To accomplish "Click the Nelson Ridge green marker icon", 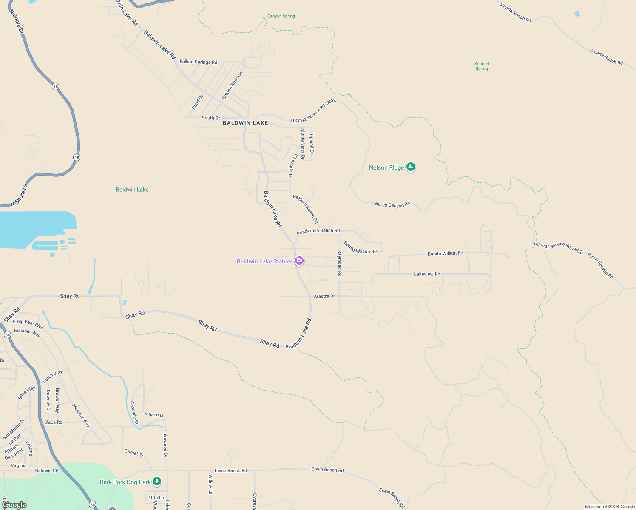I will (x=410, y=167).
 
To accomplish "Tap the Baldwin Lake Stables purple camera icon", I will (x=299, y=261).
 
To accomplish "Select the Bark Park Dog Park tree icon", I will (x=157, y=481).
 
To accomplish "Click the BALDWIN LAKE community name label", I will (x=245, y=123).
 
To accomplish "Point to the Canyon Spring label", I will (x=281, y=16).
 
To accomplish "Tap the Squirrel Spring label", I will (x=482, y=66).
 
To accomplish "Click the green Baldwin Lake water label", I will (x=132, y=190).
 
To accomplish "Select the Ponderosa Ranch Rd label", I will (x=318, y=231).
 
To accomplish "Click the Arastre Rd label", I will (x=324, y=296).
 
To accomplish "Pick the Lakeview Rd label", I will (x=427, y=274).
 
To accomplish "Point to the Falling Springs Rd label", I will (x=198, y=62).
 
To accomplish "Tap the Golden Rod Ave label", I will (x=233, y=85).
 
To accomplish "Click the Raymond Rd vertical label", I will (x=339, y=263).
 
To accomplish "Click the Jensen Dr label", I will (x=154, y=414).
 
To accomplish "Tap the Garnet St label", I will (x=134, y=453).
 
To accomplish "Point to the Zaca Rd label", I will (x=54, y=422).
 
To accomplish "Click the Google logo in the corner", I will (x=14, y=505).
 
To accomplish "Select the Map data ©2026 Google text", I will (x=610, y=507).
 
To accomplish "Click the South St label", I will (x=211, y=118).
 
